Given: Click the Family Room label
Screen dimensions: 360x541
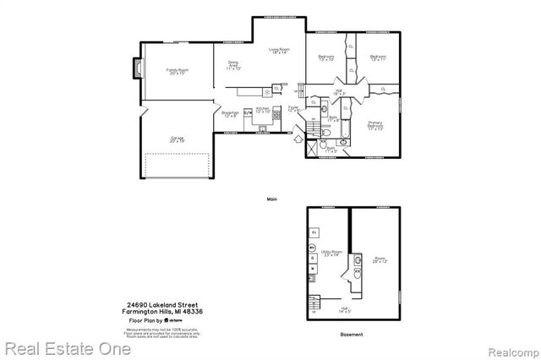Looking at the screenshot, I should point(177,70).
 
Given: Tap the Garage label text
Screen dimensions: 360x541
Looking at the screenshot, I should point(178,137).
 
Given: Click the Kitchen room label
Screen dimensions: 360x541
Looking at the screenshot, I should point(263,110).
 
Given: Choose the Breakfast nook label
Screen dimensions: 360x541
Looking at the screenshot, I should point(229,114).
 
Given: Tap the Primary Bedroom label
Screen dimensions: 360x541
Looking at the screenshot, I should point(376,126).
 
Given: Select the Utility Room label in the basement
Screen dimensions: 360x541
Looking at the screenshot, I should point(331,253).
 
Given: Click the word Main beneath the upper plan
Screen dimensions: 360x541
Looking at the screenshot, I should point(272,199).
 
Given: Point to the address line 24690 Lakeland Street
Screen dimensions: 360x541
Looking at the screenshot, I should point(165,304).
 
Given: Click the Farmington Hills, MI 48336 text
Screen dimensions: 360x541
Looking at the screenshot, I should point(165,311).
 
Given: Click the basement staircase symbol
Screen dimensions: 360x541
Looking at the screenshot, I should point(315,303).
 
